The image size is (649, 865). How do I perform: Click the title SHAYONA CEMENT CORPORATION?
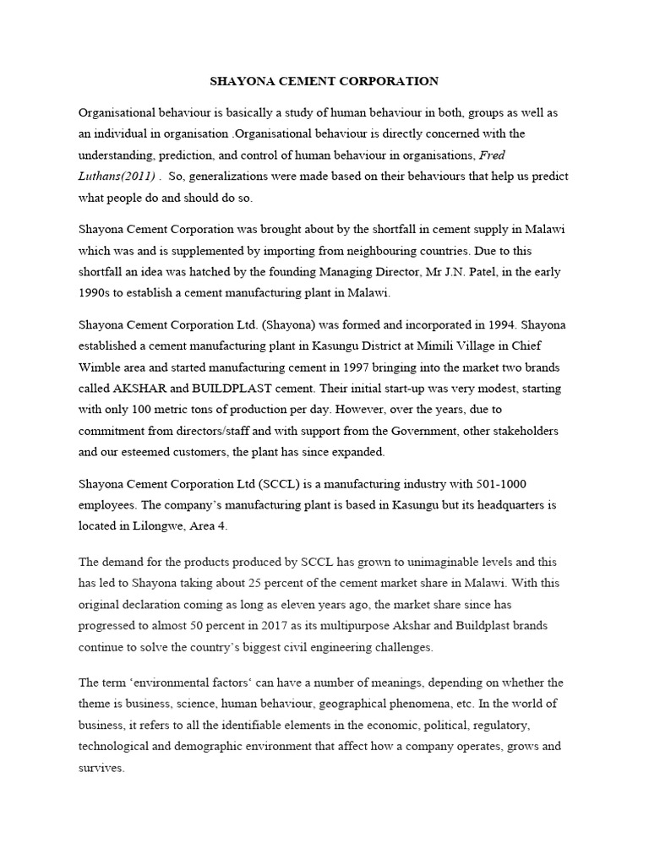(324, 82)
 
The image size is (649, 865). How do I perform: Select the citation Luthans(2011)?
(117, 176)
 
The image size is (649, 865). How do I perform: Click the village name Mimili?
(421, 346)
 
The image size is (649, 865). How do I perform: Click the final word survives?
(101, 769)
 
